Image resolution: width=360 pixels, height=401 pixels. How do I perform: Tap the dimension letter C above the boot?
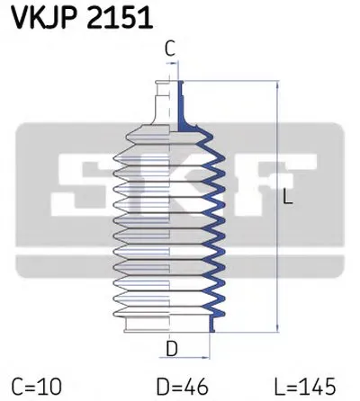point(169,50)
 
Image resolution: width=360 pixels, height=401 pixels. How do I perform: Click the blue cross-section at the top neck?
point(182,99)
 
